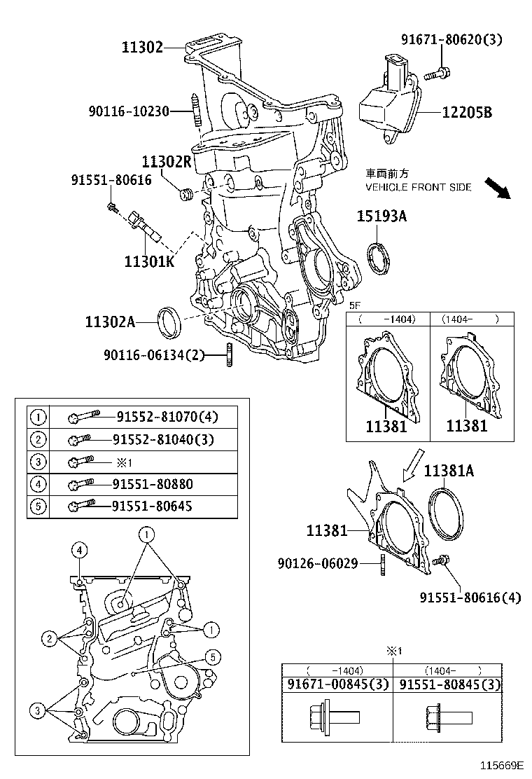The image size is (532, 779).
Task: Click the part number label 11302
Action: point(142,48)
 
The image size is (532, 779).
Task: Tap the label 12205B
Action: point(468,111)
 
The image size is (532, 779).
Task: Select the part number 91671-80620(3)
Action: point(451,39)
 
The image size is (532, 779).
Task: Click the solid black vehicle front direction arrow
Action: point(498,188)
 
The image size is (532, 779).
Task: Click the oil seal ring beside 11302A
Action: point(169,321)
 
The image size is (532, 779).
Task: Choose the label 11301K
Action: point(149,262)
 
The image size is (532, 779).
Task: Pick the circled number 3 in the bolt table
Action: point(38,462)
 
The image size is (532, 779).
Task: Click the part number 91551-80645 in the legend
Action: point(154,506)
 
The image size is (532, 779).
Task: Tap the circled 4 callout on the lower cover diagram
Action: point(80,551)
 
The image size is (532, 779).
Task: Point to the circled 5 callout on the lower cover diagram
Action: point(211,656)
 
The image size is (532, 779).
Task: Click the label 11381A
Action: point(448,471)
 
